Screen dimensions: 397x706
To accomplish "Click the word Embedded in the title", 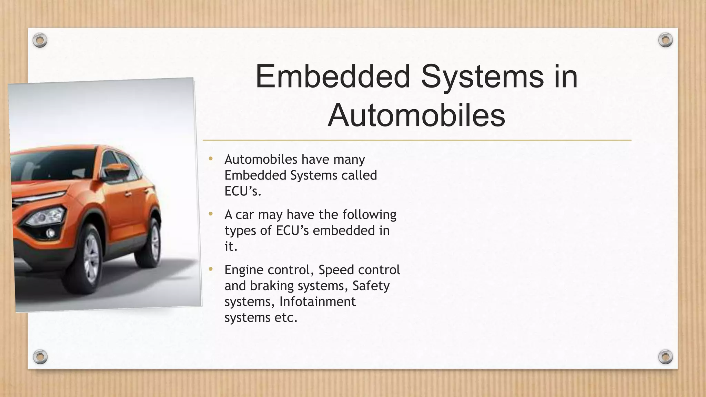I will (x=333, y=76).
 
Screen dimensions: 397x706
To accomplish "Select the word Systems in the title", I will (x=482, y=76).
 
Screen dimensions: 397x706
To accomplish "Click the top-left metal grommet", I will (x=40, y=41).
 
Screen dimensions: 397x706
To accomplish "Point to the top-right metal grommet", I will (x=665, y=40).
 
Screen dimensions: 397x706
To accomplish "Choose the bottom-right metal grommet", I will (x=665, y=356).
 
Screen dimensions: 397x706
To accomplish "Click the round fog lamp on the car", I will (x=50, y=233).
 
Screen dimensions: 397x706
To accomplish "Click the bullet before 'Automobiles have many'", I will (x=211, y=159).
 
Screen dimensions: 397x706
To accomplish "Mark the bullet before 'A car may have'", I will (x=211, y=214).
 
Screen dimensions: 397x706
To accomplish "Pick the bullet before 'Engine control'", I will (x=211, y=269).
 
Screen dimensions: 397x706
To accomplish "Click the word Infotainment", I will (x=317, y=302).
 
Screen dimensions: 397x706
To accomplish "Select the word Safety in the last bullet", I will (x=371, y=286).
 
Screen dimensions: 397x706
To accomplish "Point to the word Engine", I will (x=244, y=270).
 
